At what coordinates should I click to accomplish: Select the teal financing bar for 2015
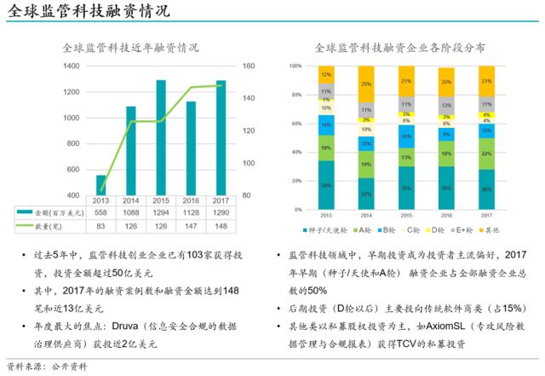click(x=160, y=136)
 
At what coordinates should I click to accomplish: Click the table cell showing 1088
click(x=131, y=211)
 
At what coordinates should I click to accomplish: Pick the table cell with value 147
click(x=191, y=225)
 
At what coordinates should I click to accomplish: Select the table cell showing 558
click(x=101, y=211)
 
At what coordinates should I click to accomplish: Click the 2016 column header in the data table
click(x=191, y=200)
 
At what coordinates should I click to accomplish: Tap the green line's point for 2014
click(x=131, y=121)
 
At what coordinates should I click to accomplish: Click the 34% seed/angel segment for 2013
click(x=326, y=185)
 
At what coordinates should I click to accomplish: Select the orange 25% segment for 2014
click(x=366, y=84)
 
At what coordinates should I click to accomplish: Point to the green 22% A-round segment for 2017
click(x=486, y=153)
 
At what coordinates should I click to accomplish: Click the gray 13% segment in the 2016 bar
click(x=446, y=105)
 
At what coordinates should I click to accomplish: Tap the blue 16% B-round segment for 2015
click(x=406, y=136)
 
